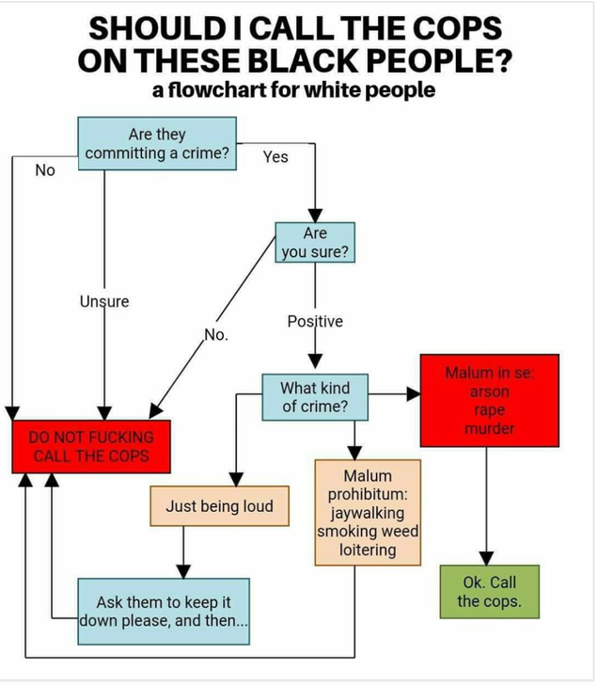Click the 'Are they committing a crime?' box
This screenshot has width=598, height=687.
[157, 143]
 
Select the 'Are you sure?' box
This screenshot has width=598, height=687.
[315, 242]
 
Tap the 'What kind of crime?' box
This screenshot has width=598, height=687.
[315, 397]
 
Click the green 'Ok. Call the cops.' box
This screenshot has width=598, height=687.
[490, 592]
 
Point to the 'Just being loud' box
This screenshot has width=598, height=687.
[219, 505]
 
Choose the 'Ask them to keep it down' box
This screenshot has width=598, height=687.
[164, 611]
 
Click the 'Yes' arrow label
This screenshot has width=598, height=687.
[275, 157]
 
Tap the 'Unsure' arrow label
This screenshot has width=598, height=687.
[104, 301]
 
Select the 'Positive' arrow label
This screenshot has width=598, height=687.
[315, 321]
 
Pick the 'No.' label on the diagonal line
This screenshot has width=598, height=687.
[216, 335]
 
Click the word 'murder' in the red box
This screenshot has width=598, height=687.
[490, 428]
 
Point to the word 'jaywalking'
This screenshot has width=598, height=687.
[368, 513]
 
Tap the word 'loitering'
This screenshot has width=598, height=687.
[368, 550]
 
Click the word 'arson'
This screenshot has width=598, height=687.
[490, 391]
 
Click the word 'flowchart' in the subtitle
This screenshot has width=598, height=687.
[217, 89]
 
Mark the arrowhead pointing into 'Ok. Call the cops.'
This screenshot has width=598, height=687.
[486, 558]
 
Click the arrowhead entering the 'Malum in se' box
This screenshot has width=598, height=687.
[414, 394]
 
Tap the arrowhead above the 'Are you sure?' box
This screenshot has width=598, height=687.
[315, 216]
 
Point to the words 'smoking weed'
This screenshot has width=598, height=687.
[368, 531]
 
